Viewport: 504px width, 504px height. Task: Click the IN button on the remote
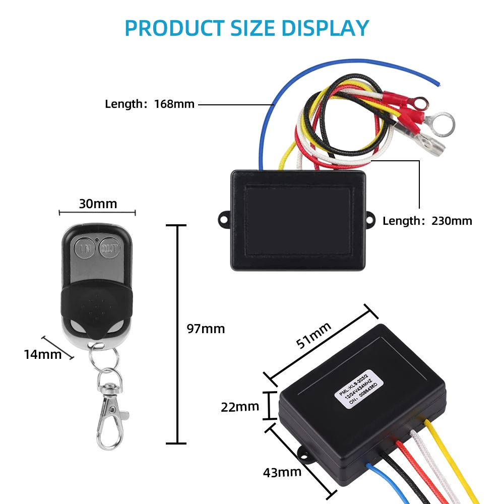[86, 248]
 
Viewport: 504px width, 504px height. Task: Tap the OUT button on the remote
[109, 248]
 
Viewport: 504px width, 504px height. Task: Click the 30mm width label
[98, 204]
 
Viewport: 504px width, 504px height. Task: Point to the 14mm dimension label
[42, 354]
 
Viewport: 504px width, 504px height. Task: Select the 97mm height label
[206, 329]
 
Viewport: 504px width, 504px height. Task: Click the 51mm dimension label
[313, 335]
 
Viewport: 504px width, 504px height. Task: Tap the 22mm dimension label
[240, 406]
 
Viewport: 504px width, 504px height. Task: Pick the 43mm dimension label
[282, 472]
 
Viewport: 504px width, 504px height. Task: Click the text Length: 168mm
[150, 104]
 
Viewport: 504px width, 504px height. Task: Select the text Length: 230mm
[427, 221]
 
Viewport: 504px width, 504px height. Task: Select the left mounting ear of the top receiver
[224, 219]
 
